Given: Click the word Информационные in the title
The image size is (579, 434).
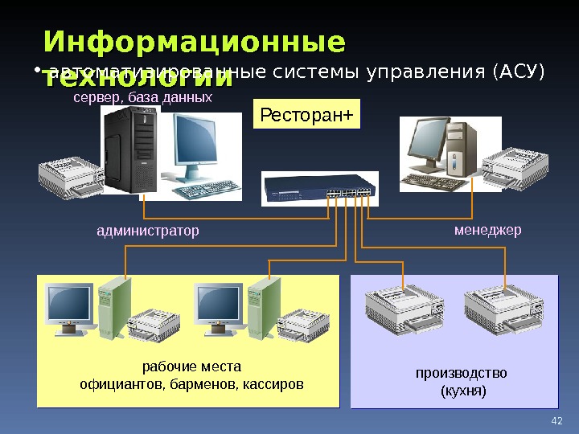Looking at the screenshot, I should (x=194, y=42).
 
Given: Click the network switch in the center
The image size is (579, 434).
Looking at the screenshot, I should (x=319, y=189).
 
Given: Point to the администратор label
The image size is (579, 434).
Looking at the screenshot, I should (x=147, y=231).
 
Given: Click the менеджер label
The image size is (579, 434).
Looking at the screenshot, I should (x=487, y=231).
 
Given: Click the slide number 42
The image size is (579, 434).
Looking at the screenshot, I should (x=556, y=420).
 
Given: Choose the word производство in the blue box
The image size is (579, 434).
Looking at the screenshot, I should (x=462, y=373).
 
